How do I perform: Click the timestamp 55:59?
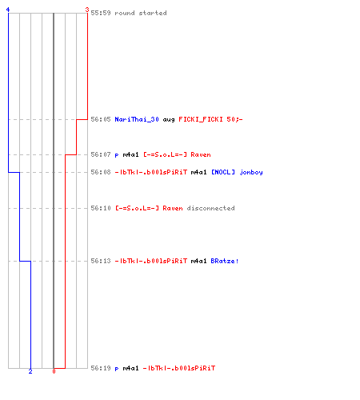coord(101,13)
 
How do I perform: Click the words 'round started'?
coord(141,13)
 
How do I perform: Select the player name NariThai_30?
coord(137,119)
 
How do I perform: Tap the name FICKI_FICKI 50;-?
coord(210,119)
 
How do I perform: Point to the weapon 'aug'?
coord(169,120)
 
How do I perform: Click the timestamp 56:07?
coord(101,154)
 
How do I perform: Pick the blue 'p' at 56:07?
coord(117,155)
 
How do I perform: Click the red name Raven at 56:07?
coord(201,154)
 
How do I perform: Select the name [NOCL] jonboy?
coord(237,172)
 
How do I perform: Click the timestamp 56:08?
coord(101,172)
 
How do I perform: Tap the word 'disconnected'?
coord(210,208)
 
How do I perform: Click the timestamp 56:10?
coord(101,208)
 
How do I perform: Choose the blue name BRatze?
coord(225,261)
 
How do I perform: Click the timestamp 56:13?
coord(101,261)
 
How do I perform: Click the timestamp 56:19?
coord(101,368)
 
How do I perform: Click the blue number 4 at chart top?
coord(8,10)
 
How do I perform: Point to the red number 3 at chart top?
coord(87,10)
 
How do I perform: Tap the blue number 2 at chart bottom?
coord(30,371)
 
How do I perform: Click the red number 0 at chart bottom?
coord(54,371)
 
